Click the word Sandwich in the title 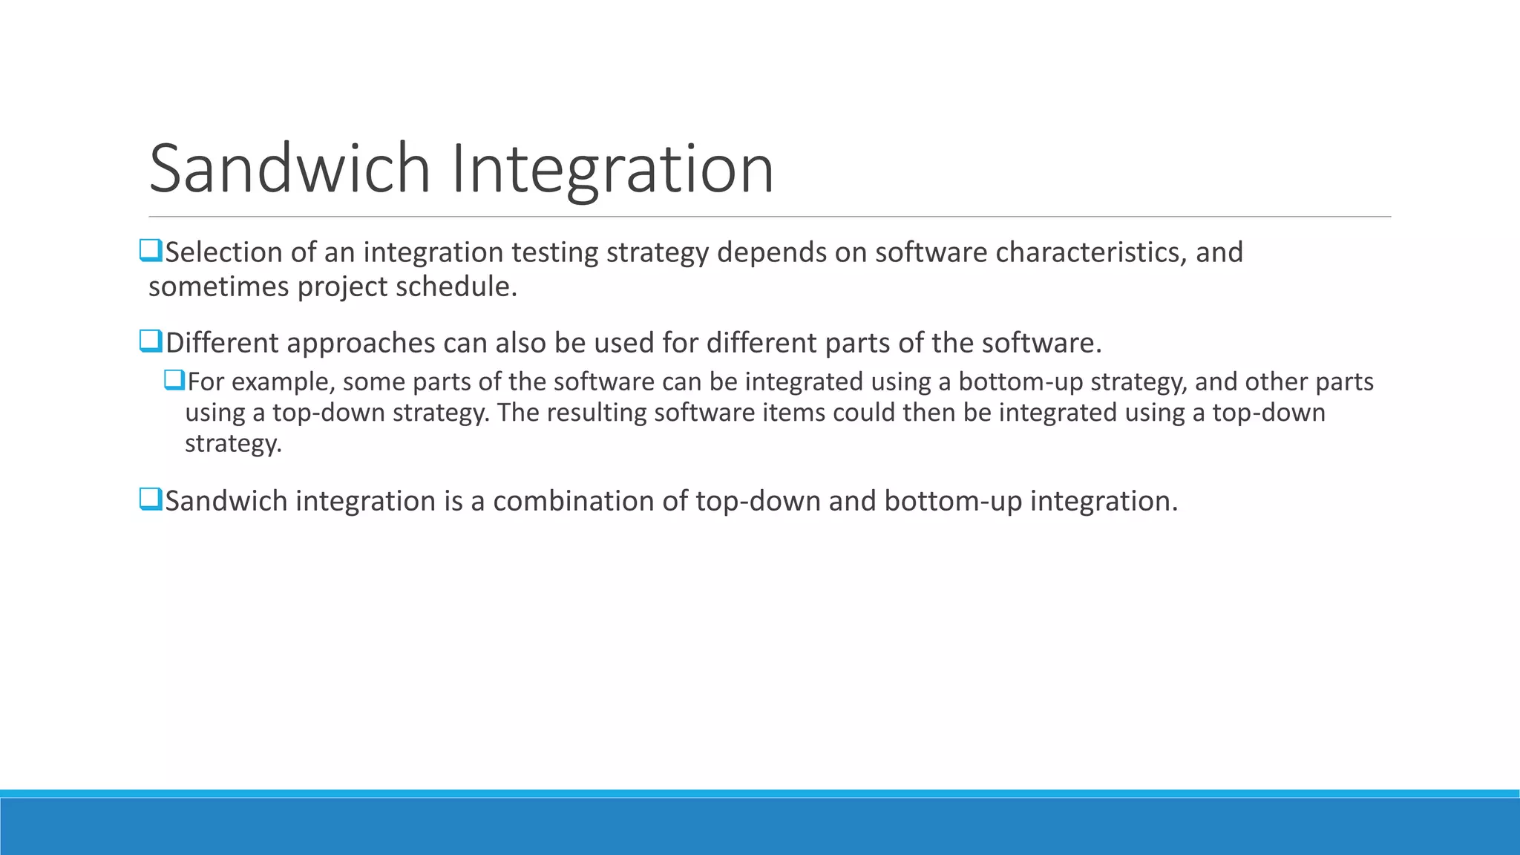pyautogui.click(x=289, y=169)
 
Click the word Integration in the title pyautogui.click(x=612, y=169)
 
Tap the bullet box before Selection pyautogui.click(x=151, y=251)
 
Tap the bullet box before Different pyautogui.click(x=151, y=341)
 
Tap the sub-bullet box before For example pyautogui.click(x=174, y=381)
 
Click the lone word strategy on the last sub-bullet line pyautogui.click(x=232, y=444)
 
